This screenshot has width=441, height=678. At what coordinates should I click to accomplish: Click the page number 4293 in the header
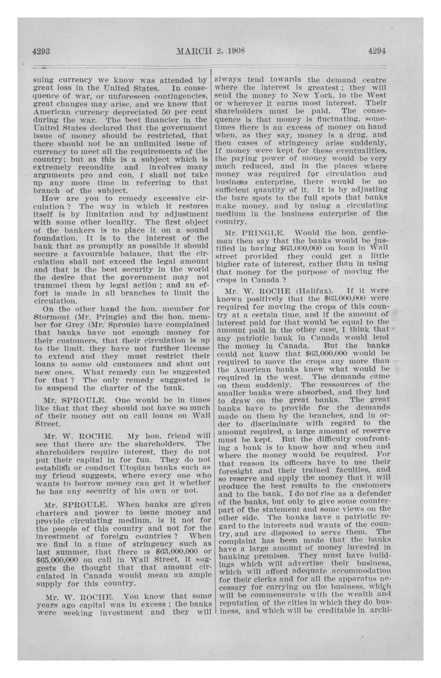(x=41, y=52)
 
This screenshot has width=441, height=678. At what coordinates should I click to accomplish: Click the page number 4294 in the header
(x=377, y=51)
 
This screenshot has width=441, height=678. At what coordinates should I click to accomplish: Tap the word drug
(x=355, y=135)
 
